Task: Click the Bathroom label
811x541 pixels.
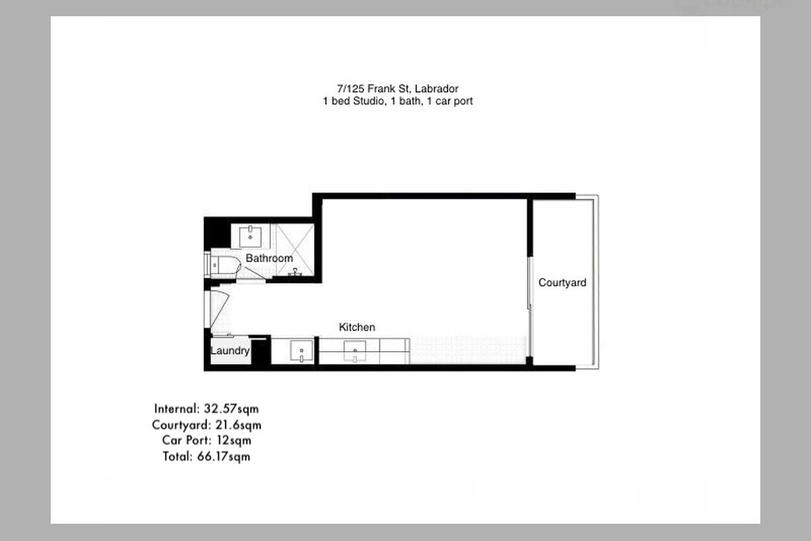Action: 269,258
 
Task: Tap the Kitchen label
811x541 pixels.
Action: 357,327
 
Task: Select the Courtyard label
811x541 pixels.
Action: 562,283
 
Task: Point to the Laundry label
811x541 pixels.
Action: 230,351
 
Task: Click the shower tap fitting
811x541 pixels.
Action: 295,273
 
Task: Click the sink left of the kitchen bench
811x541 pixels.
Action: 300,352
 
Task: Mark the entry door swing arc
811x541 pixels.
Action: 219,311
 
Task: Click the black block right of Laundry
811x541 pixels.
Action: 262,351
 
